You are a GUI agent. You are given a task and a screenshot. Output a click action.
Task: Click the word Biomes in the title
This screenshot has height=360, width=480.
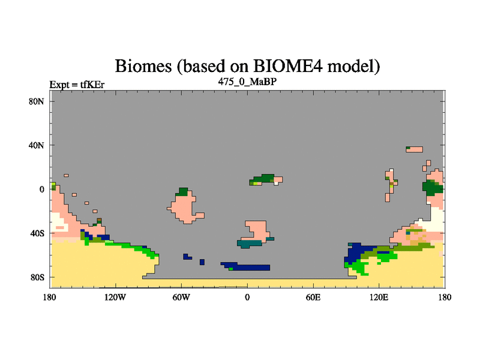pyautogui.click(x=143, y=66)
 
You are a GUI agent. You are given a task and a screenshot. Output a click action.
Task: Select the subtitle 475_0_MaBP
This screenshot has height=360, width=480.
pyautogui.click(x=247, y=82)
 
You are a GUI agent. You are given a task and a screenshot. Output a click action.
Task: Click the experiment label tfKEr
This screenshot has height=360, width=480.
pyautogui.click(x=92, y=85)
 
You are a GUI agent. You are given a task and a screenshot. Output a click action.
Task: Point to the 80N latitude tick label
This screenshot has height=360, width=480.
pyautogui.click(x=36, y=101)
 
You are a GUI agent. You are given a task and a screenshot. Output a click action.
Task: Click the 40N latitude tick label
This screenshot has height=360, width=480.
pyautogui.click(x=36, y=145)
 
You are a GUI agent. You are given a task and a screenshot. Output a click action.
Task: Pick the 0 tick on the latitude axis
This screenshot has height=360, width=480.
pyautogui.click(x=41, y=190)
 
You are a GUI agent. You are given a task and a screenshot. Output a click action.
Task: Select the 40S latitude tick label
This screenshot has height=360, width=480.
pyautogui.click(x=37, y=233)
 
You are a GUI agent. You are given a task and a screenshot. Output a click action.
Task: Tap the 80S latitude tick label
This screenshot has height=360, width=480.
pyautogui.click(x=37, y=277)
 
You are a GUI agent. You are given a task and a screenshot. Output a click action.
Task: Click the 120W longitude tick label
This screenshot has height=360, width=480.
pyautogui.click(x=115, y=297)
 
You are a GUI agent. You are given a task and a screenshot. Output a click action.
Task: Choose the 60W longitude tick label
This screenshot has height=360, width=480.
pyautogui.click(x=181, y=297)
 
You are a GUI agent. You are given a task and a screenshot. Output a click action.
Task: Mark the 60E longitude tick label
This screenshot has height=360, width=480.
pyautogui.click(x=313, y=297)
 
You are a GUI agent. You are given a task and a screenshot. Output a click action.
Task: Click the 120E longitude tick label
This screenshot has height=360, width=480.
pyautogui.click(x=379, y=297)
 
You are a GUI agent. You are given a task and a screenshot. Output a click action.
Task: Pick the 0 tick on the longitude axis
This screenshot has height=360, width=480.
pyautogui.click(x=247, y=297)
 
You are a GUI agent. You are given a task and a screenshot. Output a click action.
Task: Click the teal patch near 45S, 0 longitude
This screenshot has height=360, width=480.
pyautogui.click(x=250, y=244)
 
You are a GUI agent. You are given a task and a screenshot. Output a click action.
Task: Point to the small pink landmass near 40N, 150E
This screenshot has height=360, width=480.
pyautogui.click(x=415, y=149)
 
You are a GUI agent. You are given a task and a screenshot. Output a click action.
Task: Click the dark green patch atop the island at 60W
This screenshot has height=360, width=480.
pyautogui.click(x=182, y=192)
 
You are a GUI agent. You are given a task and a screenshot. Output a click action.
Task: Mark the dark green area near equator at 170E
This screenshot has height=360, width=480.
pyautogui.click(x=432, y=187)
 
